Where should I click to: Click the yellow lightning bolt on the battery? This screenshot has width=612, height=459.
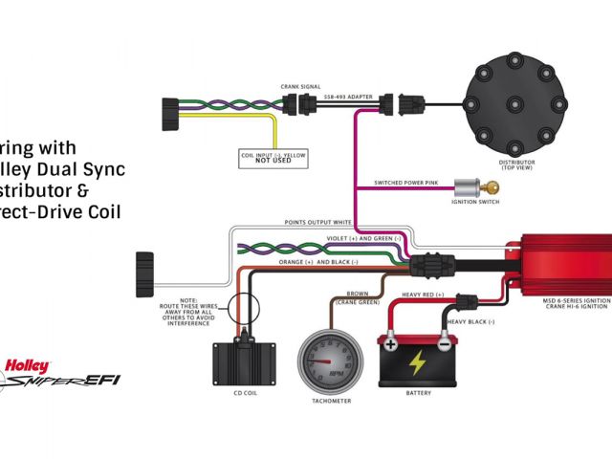(418, 362)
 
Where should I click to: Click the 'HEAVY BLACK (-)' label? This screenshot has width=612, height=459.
(470, 322)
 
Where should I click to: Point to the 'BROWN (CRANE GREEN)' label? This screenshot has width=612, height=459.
(356, 298)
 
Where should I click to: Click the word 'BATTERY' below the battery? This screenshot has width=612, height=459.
(418, 392)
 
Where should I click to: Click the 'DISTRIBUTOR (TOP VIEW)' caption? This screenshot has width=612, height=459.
(516, 165)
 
